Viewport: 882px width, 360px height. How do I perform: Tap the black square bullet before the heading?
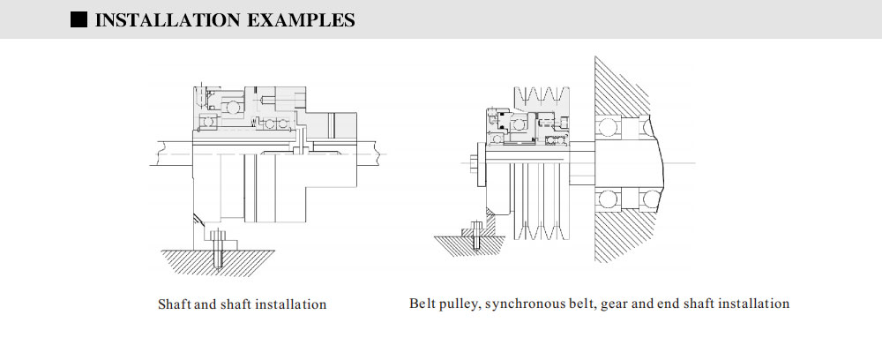[x=78, y=19]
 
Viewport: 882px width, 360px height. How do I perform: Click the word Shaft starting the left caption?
[x=174, y=304]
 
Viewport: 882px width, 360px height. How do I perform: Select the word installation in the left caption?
[x=290, y=304]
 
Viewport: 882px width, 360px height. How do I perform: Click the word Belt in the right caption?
[x=422, y=304]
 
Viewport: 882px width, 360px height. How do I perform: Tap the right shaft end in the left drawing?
[x=375, y=155]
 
